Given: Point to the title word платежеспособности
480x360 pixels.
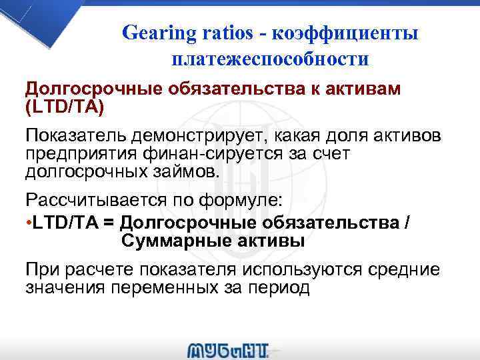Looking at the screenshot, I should pos(270,59).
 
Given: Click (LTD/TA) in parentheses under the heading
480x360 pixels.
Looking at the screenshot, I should pos(65,106).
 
